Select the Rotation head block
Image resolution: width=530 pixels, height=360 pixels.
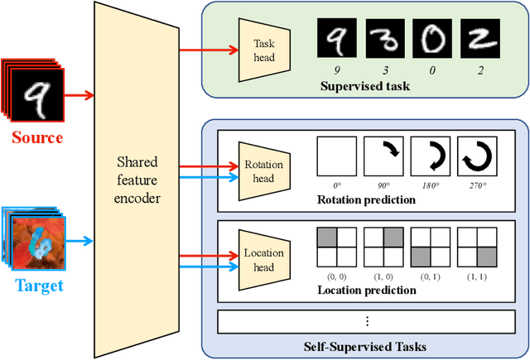point(263,170)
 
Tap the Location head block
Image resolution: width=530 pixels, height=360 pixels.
point(263,259)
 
